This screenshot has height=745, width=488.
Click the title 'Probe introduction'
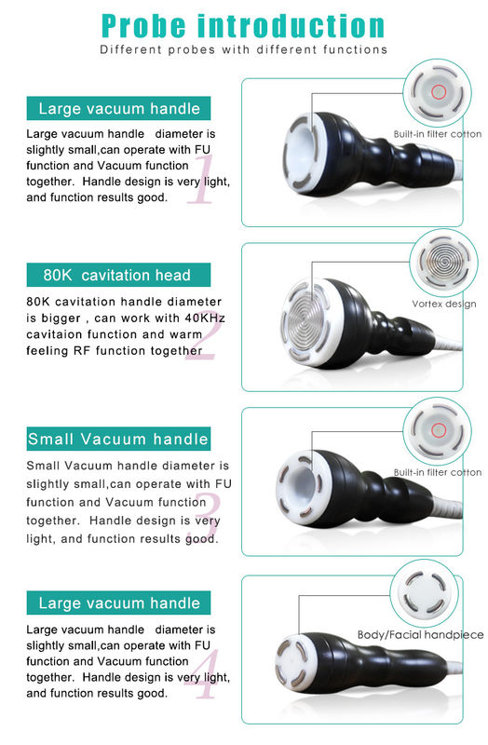point(243,26)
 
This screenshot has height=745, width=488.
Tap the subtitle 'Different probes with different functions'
point(243,49)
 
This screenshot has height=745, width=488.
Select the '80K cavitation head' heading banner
point(118,275)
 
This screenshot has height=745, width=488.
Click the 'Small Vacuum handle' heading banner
point(118,439)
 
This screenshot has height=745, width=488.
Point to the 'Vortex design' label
point(444,305)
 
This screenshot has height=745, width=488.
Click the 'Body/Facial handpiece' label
point(421,635)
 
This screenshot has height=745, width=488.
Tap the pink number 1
point(201,180)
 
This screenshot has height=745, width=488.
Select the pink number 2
point(201,335)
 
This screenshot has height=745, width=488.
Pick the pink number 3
point(208,518)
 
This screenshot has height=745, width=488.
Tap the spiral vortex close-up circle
point(443,263)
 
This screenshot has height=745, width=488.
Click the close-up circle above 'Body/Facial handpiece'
point(425,593)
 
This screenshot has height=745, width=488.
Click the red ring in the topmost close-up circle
point(438,91)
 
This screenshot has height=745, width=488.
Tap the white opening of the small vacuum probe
point(303,488)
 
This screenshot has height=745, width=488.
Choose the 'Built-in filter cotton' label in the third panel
point(438,472)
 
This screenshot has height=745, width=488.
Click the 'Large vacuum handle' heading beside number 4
point(118,603)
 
